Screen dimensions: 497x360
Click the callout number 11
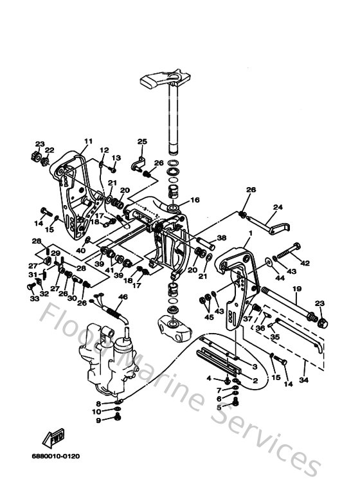[87, 141]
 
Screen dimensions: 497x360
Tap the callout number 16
[195, 200]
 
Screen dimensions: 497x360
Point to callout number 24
[278, 208]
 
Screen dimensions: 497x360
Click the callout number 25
[142, 141]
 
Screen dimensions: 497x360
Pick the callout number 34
[304, 380]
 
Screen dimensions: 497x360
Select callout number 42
[305, 263]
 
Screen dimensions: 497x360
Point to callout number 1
[250, 232]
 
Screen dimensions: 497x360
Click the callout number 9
[98, 420]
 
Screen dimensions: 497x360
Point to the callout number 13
[116, 158]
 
